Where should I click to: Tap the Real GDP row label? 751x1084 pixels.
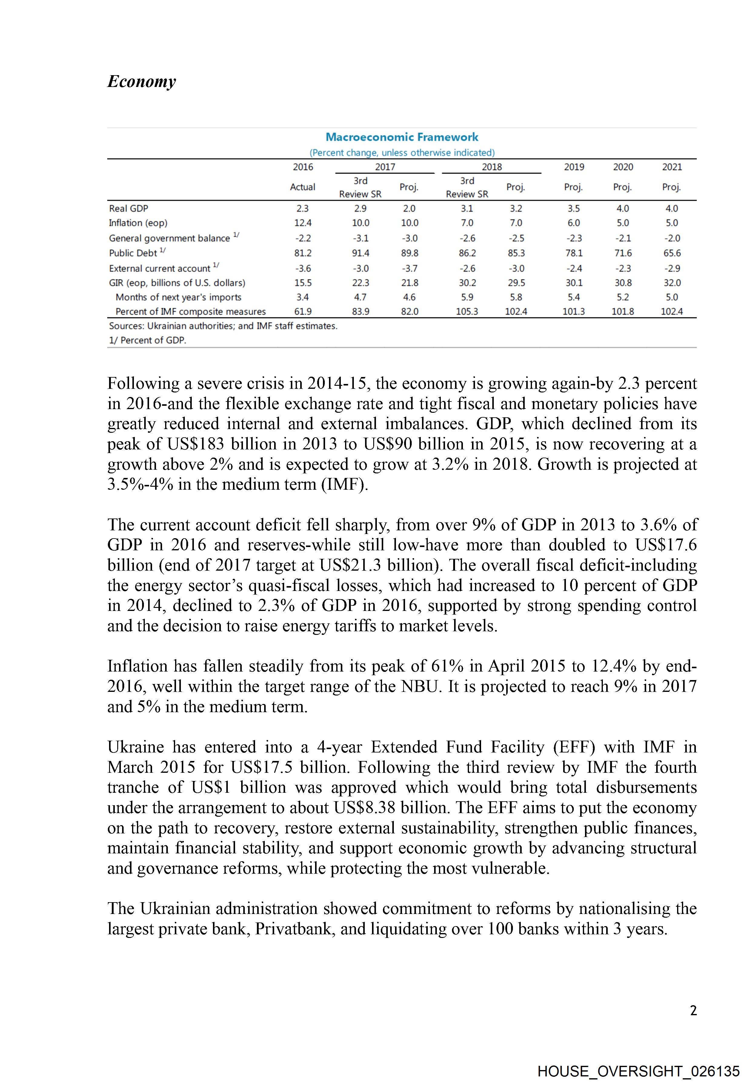click(128, 208)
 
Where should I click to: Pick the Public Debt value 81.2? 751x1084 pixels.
click(303, 253)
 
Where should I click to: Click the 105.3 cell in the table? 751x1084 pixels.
click(467, 312)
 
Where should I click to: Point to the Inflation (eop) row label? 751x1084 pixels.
click(138, 223)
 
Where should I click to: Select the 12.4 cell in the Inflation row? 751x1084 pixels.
click(303, 223)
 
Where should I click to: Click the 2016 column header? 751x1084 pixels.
click(303, 167)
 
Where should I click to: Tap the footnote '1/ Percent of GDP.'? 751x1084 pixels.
click(147, 340)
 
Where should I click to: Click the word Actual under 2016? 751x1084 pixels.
click(303, 187)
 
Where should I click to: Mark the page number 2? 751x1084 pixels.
click(693, 1011)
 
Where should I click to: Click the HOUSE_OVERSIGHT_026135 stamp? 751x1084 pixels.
click(639, 1071)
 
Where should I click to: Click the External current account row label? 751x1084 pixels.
click(160, 268)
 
